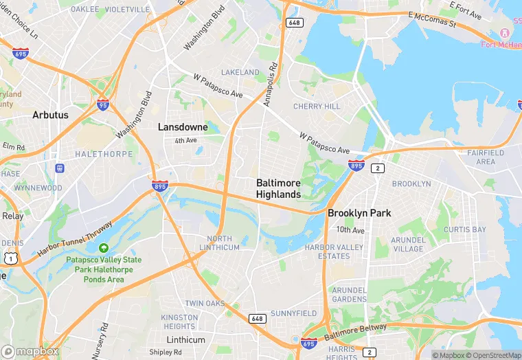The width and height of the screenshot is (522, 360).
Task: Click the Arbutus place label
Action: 50,115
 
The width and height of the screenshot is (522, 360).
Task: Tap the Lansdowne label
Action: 183,127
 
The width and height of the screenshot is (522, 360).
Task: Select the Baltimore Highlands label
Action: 278,189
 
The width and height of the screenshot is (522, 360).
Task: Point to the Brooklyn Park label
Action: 359,213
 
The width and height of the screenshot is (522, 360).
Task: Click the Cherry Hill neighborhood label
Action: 317,106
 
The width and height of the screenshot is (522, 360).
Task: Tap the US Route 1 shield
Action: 10,258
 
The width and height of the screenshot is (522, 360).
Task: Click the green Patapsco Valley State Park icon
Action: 104,247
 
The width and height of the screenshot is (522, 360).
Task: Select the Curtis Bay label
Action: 465,229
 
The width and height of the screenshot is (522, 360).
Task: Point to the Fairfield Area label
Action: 486,157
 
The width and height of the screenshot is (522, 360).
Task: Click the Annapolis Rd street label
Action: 269,85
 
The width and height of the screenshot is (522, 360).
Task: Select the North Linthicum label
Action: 219,243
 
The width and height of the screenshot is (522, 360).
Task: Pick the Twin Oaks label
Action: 205,303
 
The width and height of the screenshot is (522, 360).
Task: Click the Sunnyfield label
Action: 293,313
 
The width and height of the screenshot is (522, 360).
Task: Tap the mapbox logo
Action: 30,351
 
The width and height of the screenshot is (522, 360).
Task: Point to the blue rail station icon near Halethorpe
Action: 60,168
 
